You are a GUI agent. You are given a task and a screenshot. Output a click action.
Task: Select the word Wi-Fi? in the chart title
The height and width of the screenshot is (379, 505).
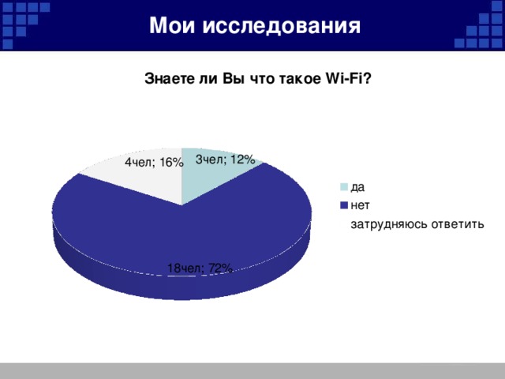pos(348,79)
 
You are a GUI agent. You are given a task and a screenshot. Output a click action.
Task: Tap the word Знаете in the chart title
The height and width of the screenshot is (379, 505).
pos(166,79)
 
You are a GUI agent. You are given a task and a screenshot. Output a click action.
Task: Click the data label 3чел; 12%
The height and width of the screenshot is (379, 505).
pos(225,159)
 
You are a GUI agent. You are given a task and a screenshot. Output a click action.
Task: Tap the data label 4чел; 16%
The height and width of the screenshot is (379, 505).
pos(154,163)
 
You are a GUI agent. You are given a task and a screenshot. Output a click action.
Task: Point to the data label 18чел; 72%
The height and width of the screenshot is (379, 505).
pos(200,268)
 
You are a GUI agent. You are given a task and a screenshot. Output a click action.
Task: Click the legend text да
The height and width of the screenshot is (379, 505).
pos(357,187)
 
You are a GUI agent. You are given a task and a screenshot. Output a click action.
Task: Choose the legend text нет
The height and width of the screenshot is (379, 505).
pos(361,205)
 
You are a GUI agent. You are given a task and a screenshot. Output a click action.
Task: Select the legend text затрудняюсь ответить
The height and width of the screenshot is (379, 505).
pos(417,225)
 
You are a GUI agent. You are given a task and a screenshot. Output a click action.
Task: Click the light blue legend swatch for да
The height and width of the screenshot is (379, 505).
pos(344,187)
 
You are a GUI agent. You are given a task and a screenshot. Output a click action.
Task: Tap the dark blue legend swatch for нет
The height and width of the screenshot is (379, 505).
pos(344,205)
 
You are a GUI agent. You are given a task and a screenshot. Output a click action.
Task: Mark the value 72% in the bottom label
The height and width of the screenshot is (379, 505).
pos(220,268)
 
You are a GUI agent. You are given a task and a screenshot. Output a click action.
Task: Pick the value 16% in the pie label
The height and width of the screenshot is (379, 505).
pos(170,163)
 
